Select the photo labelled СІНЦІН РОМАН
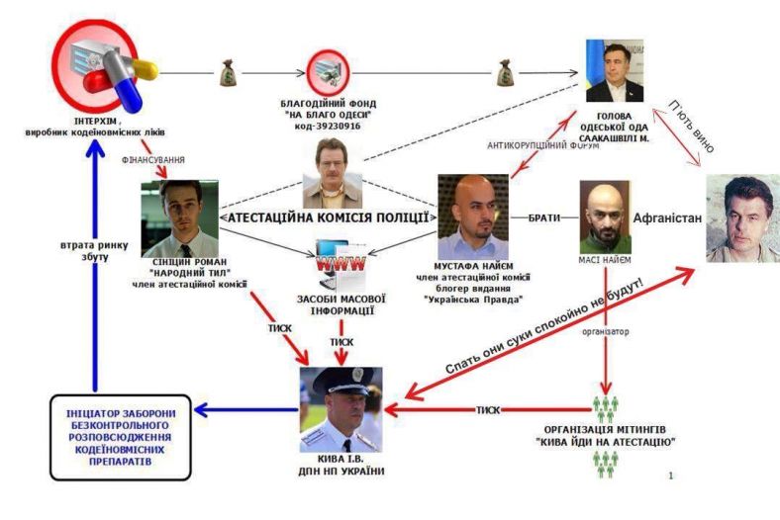tap(179, 217)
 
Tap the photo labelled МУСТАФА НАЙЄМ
tap(472, 217)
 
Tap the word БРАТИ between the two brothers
tap(544, 216)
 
